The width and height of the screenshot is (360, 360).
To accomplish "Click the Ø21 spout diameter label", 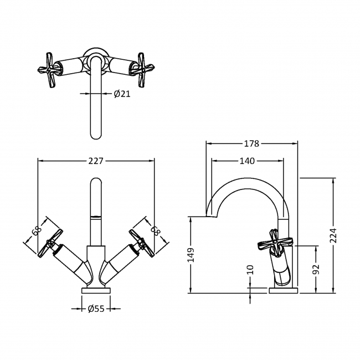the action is (122, 94).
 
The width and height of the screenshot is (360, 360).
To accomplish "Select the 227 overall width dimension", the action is (96, 161).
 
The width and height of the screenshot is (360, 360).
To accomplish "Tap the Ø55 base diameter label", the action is (96, 308).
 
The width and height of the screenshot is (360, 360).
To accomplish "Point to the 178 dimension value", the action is (251, 143).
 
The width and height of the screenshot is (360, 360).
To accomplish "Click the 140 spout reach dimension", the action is (247, 161).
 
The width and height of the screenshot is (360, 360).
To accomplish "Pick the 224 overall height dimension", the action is (333, 235).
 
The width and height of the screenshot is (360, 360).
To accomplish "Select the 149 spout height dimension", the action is (191, 255).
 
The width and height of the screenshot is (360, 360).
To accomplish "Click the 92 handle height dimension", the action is (316, 269).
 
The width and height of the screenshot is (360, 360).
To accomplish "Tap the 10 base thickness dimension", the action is (250, 270).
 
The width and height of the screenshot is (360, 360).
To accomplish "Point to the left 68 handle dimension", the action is (37, 231).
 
